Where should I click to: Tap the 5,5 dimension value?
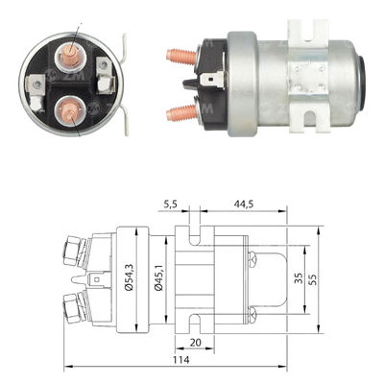(x=171, y=204)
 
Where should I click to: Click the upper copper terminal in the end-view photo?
(x=73, y=57)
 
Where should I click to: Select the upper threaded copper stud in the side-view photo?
(x=180, y=56)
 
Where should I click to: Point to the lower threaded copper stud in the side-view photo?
(x=180, y=112)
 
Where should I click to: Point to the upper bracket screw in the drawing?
(x=253, y=258)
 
